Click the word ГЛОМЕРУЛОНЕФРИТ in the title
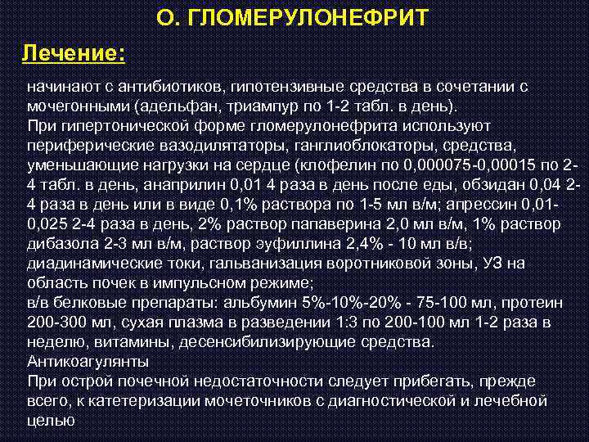tap(311, 18)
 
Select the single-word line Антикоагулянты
tap(88, 361)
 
